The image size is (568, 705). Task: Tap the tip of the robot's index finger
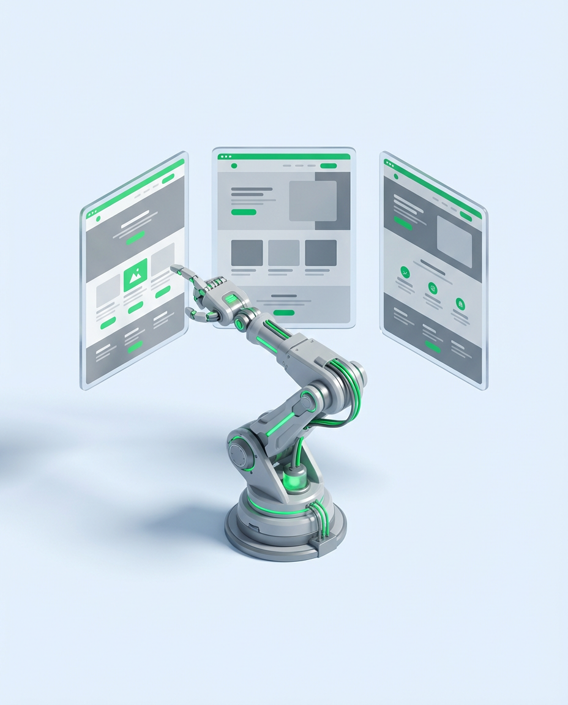pos(173,267)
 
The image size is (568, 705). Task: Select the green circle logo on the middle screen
pos(234,166)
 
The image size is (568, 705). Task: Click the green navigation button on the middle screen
pos(329,166)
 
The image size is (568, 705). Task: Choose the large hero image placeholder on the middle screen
pos(313,201)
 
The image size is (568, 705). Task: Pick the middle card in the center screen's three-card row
pos(284,253)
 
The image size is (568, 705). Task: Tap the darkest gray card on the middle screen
pos(321,253)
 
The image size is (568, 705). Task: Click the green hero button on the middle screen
pos(244,212)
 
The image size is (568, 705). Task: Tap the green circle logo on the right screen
pos(396,177)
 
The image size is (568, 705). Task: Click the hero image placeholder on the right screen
pos(454,241)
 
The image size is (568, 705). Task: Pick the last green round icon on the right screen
pos(460,303)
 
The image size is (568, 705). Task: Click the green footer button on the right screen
pos(433,346)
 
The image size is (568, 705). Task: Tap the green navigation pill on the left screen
pos(168,179)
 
